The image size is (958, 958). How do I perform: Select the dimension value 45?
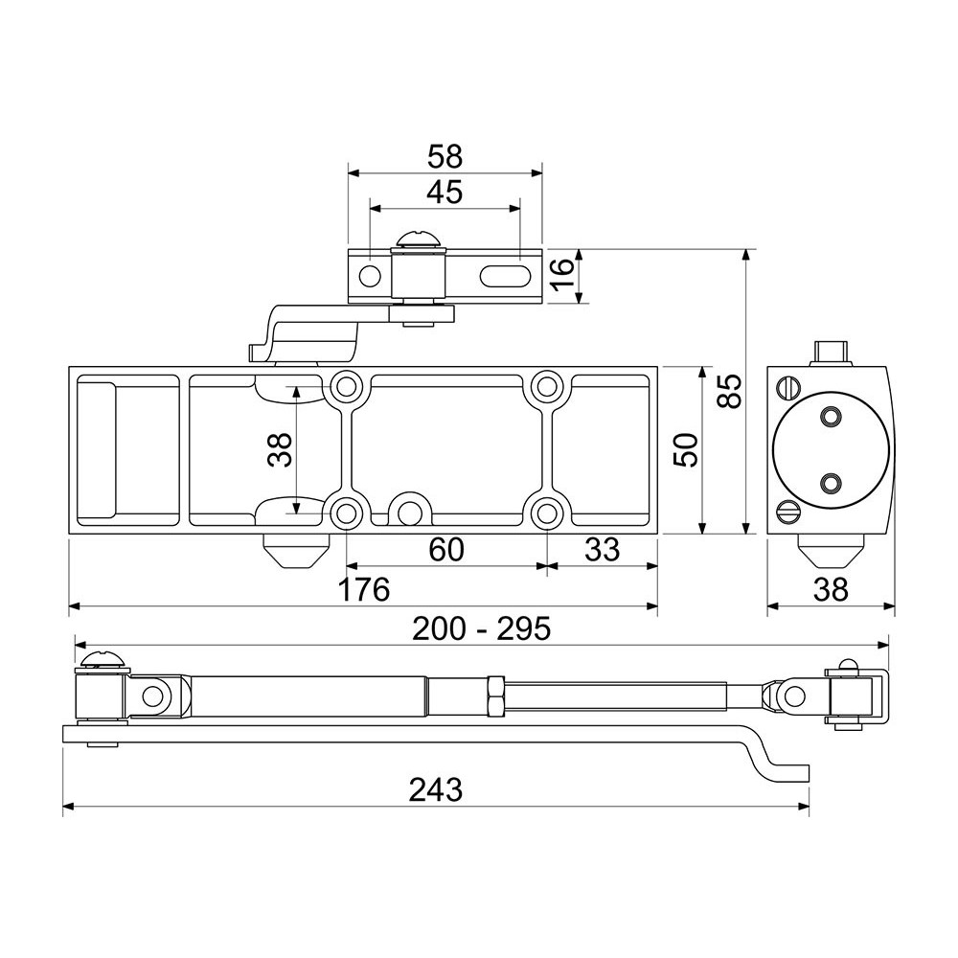pos(445,193)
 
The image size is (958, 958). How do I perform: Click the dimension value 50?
pos(686,449)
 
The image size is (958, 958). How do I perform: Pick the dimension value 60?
pos(446,549)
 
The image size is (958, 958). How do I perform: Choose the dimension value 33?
pos(602,549)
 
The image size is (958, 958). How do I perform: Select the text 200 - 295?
pos(482,628)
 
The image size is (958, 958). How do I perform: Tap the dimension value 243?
pos(436,789)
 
